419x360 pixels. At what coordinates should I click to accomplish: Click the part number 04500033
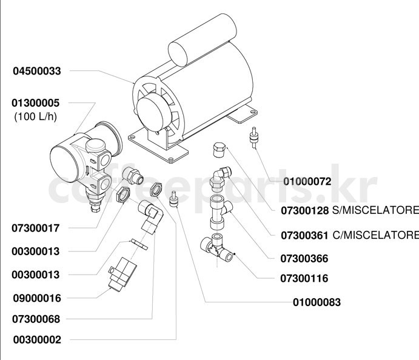(x=37, y=71)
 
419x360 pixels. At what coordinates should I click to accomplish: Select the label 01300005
(x=36, y=103)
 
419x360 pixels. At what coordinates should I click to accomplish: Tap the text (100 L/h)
(x=36, y=116)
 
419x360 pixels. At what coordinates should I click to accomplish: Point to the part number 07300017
(x=36, y=228)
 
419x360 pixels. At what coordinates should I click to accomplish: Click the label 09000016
(x=37, y=298)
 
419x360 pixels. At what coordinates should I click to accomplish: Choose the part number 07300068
(x=36, y=319)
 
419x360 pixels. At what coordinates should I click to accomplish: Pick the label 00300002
(x=37, y=340)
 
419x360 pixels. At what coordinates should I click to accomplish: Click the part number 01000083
(x=317, y=302)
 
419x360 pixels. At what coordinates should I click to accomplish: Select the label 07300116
(x=304, y=278)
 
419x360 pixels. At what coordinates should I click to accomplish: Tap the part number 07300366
(x=304, y=259)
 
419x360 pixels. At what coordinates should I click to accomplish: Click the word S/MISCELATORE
(x=375, y=210)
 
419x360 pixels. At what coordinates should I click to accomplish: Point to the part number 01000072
(x=307, y=181)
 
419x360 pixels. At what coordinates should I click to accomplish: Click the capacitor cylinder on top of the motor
(x=203, y=40)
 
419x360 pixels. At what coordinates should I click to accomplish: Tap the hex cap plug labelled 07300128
(x=220, y=150)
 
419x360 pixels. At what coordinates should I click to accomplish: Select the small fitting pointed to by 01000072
(x=254, y=137)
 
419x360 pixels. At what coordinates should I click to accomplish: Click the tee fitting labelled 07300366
(x=220, y=212)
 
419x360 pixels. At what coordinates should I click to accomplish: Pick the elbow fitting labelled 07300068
(x=150, y=217)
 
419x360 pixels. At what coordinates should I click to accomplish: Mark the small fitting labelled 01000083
(x=173, y=199)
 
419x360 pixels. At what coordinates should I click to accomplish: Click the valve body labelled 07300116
(x=217, y=247)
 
